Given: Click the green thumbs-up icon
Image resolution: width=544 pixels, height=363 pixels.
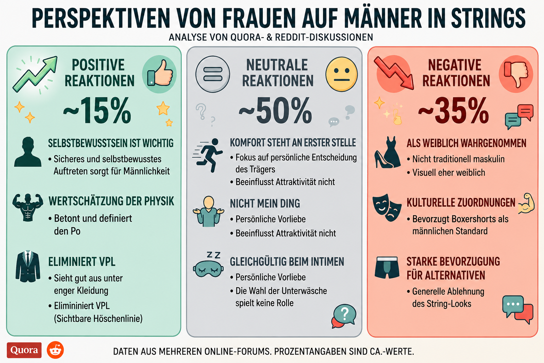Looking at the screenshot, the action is (x=159, y=74).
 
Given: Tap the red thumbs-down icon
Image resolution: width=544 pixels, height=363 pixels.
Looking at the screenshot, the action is (x=516, y=74).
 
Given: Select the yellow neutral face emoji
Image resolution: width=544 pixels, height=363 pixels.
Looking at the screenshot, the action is (x=341, y=74).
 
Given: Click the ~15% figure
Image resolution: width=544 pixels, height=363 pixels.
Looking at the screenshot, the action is (x=97, y=110).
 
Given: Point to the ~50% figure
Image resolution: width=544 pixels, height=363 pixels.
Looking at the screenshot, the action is (x=276, y=110).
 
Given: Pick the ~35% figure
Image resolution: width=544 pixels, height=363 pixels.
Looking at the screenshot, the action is (x=453, y=110).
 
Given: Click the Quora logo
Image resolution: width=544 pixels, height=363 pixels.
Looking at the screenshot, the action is (x=24, y=350).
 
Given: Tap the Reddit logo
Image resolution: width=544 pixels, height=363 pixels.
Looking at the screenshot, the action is (x=55, y=350).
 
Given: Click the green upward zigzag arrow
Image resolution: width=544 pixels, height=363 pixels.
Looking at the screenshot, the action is (x=35, y=74).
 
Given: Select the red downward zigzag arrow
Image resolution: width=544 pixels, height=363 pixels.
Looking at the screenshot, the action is (x=393, y=73).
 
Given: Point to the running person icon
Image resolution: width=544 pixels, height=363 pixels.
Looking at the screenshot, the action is (x=208, y=155).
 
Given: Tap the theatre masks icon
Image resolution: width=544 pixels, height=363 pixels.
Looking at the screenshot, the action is (x=387, y=207).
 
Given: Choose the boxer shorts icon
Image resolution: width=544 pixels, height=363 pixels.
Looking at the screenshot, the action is (x=387, y=267).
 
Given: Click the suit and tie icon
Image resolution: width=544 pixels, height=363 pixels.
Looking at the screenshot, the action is (x=28, y=266).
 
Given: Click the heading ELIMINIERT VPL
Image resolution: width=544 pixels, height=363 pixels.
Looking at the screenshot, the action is (x=82, y=262).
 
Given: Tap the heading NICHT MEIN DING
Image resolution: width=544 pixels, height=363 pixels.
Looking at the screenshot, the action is (x=265, y=203).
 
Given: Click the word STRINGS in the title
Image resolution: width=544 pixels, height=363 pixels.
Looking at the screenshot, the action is (x=488, y=18).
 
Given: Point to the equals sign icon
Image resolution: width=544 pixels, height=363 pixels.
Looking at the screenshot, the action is (x=213, y=74).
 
